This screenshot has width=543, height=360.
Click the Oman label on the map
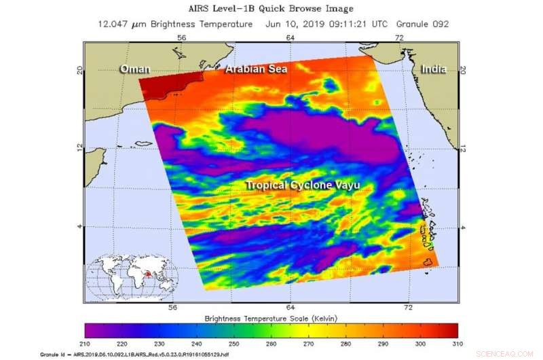point(134,69)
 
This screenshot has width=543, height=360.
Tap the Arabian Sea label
point(257,69)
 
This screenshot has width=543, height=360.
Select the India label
point(433,69)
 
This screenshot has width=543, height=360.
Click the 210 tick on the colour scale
point(86,344)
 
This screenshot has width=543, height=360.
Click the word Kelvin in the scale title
point(322,318)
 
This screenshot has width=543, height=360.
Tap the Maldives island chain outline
point(428,228)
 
